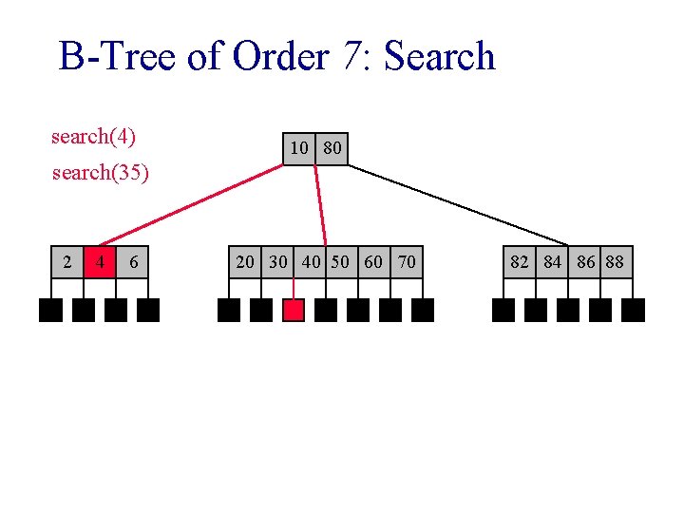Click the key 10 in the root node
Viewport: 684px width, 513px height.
click(x=299, y=148)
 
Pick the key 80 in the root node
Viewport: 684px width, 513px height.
click(x=332, y=148)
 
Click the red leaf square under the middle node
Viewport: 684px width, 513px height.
click(x=294, y=311)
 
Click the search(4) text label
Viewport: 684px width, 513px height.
click(x=93, y=137)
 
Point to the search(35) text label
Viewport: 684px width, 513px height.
click(x=100, y=174)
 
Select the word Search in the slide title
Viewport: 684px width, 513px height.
click(x=439, y=57)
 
